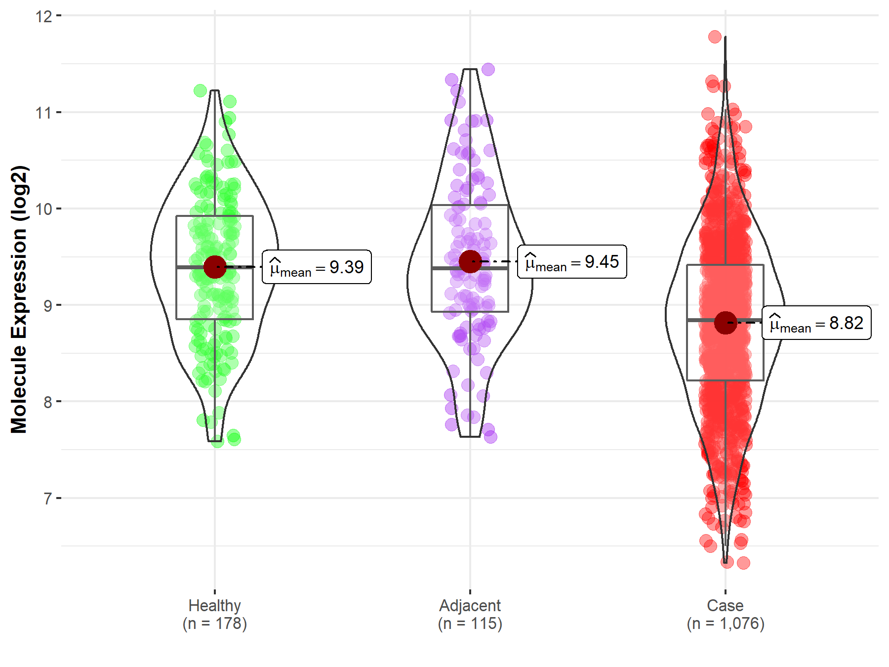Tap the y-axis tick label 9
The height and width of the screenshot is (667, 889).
click(47, 306)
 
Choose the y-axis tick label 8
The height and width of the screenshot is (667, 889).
click(47, 402)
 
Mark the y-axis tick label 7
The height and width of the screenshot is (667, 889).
click(47, 499)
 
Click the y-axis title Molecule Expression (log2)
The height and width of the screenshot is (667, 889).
click(19, 299)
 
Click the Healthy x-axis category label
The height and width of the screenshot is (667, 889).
click(215, 606)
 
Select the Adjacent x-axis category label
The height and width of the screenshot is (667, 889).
click(470, 606)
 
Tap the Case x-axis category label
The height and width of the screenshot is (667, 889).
click(725, 606)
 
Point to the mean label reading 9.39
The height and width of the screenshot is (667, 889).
click(317, 267)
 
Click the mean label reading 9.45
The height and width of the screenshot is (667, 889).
click(572, 262)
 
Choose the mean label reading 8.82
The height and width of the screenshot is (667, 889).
click(816, 323)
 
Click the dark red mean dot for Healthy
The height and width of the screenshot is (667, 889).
click(215, 267)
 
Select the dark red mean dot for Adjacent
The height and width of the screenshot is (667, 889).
click(470, 261)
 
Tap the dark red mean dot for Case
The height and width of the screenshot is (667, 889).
click(725, 323)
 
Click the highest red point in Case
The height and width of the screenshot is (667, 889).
click(715, 37)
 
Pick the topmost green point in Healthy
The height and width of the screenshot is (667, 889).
click(201, 90)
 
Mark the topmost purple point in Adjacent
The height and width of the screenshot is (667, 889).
click(488, 69)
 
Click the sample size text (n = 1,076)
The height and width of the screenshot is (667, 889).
click(725, 624)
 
